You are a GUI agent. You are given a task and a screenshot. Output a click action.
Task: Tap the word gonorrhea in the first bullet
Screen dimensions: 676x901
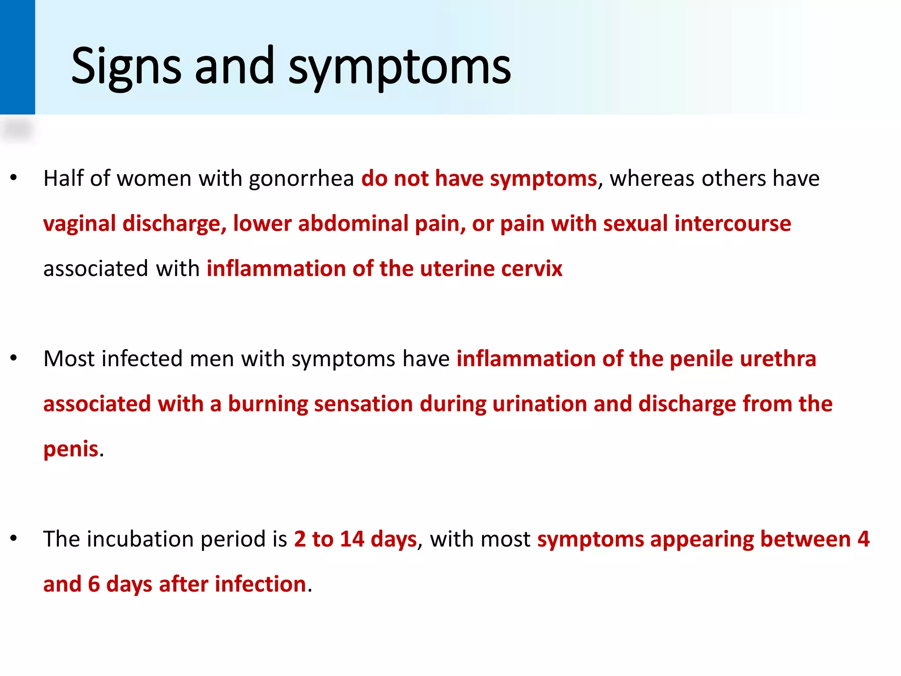click(301, 179)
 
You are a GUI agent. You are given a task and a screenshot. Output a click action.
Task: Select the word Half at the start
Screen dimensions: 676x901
click(63, 179)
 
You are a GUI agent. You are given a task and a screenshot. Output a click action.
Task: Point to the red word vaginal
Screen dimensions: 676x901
click(80, 224)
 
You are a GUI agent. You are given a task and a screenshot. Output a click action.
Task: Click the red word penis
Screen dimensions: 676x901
click(71, 449)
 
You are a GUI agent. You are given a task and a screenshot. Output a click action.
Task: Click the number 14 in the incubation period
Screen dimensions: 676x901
click(352, 539)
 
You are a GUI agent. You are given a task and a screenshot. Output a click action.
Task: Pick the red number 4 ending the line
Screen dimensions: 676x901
click(863, 539)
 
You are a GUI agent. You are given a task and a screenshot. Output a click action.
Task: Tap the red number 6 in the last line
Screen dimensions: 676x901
click(94, 584)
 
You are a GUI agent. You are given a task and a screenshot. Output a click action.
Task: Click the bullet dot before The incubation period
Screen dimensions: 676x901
click(14, 538)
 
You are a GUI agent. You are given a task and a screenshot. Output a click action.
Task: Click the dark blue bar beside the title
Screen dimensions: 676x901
click(17, 57)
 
